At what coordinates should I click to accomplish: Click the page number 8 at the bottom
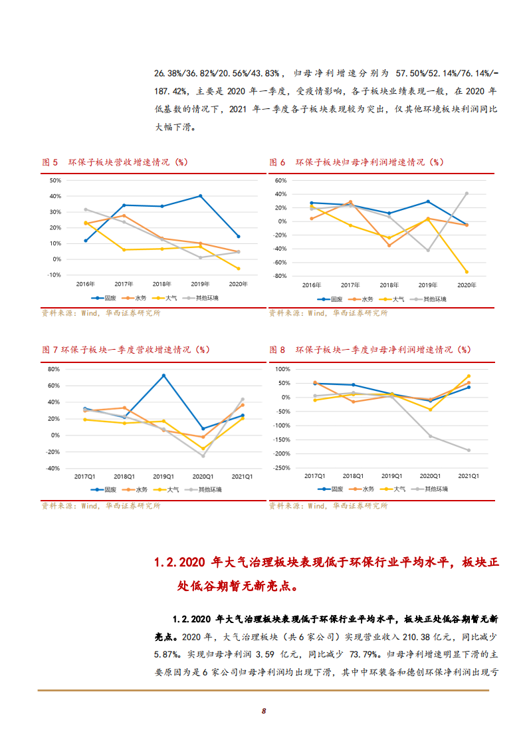[x=264, y=711]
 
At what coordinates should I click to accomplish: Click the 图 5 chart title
[x=114, y=162]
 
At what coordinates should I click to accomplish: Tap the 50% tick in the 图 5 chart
[x=55, y=180]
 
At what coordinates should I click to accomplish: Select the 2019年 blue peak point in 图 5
[x=200, y=196]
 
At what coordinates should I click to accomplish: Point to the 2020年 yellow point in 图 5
[x=239, y=269]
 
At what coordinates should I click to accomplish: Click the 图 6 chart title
[x=356, y=162]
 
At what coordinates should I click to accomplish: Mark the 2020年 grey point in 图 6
[x=467, y=193]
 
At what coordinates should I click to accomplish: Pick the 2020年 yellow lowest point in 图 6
[x=467, y=272]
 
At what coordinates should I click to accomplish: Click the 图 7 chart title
[x=126, y=349]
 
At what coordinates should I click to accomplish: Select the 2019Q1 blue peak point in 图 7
[x=163, y=376]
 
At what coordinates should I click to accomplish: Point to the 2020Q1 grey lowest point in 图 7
[x=203, y=456]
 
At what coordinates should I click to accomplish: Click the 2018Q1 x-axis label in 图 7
[x=124, y=477]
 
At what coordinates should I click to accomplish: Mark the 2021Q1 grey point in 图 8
[x=468, y=450]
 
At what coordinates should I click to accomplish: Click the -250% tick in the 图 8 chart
[x=281, y=468]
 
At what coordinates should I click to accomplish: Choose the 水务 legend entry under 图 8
[x=364, y=489]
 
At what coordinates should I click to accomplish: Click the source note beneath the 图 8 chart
[x=328, y=506]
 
